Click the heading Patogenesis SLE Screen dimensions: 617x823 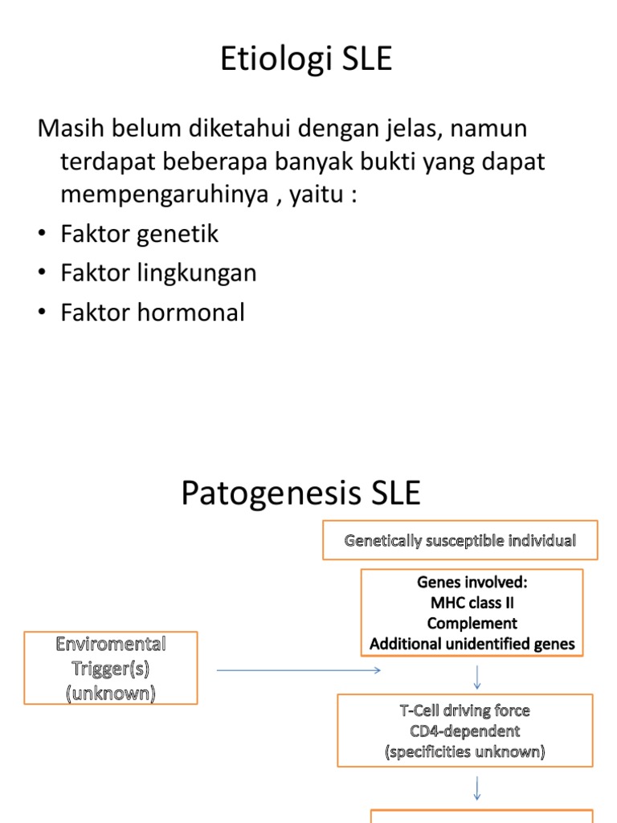pos(300,493)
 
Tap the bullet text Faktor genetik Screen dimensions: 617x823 pos(139,234)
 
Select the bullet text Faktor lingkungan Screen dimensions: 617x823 pos(158,273)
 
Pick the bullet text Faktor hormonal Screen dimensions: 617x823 pos(152,313)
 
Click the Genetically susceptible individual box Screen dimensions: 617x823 pos(460,541)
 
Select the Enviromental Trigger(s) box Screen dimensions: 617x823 pos(111,668)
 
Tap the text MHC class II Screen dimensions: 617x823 pos(472,602)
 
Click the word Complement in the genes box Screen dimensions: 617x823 pos(472,623)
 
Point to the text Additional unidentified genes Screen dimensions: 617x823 pos(472,644)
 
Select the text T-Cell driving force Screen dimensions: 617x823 pos(465,710)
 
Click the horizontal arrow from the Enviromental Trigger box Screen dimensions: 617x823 pos(298,669)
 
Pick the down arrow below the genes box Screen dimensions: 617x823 pos(477,677)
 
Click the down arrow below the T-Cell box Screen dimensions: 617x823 pos(477,788)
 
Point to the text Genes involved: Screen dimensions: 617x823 pos(472,581)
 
